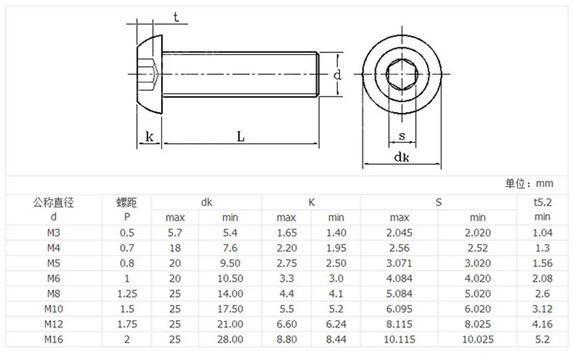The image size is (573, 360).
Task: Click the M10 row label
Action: coord(53,309)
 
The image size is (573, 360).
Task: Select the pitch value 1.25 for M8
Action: coord(127,293)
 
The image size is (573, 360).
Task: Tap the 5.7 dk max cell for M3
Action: coord(175,233)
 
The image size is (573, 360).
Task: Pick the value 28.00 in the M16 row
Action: coord(230,339)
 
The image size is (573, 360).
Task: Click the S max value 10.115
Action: coord(400,339)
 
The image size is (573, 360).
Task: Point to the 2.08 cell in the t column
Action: coord(542,278)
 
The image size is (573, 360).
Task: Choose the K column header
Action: coord(312,203)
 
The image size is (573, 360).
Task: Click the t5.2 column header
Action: coord(542,202)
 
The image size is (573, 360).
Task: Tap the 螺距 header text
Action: coord(127,202)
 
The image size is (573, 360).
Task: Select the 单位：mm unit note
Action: coord(529,183)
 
